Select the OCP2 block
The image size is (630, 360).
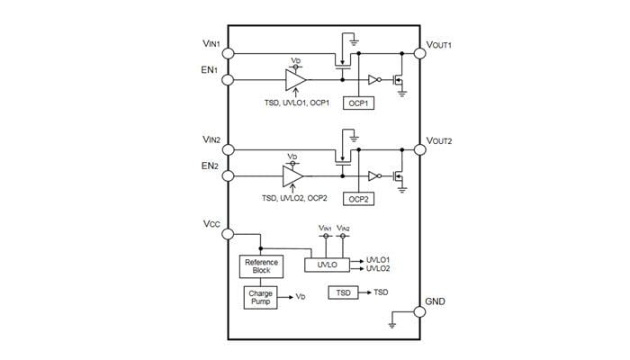click(359, 198)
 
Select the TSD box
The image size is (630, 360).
click(343, 293)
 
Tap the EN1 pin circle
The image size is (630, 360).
click(229, 80)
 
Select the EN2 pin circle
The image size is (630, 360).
click(229, 175)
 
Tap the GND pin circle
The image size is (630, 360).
click(418, 312)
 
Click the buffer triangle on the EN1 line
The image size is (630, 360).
click(294, 80)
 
